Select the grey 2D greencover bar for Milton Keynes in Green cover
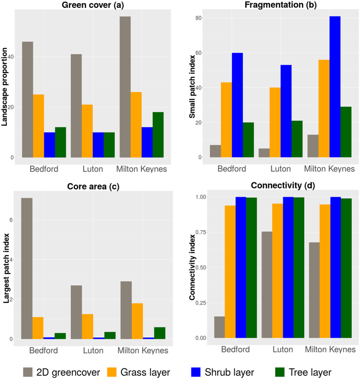click(x=125, y=87)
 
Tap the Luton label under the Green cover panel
click(x=93, y=169)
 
